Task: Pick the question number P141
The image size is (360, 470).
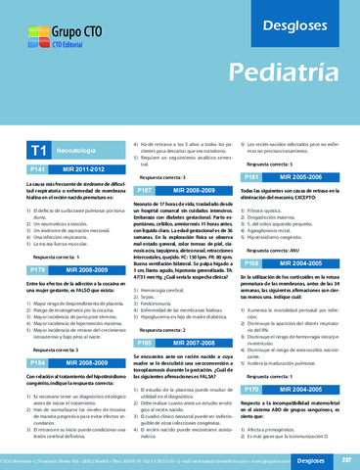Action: pyautogui.click(x=36, y=170)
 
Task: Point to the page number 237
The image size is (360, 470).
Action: pyautogui.click(x=344, y=459)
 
